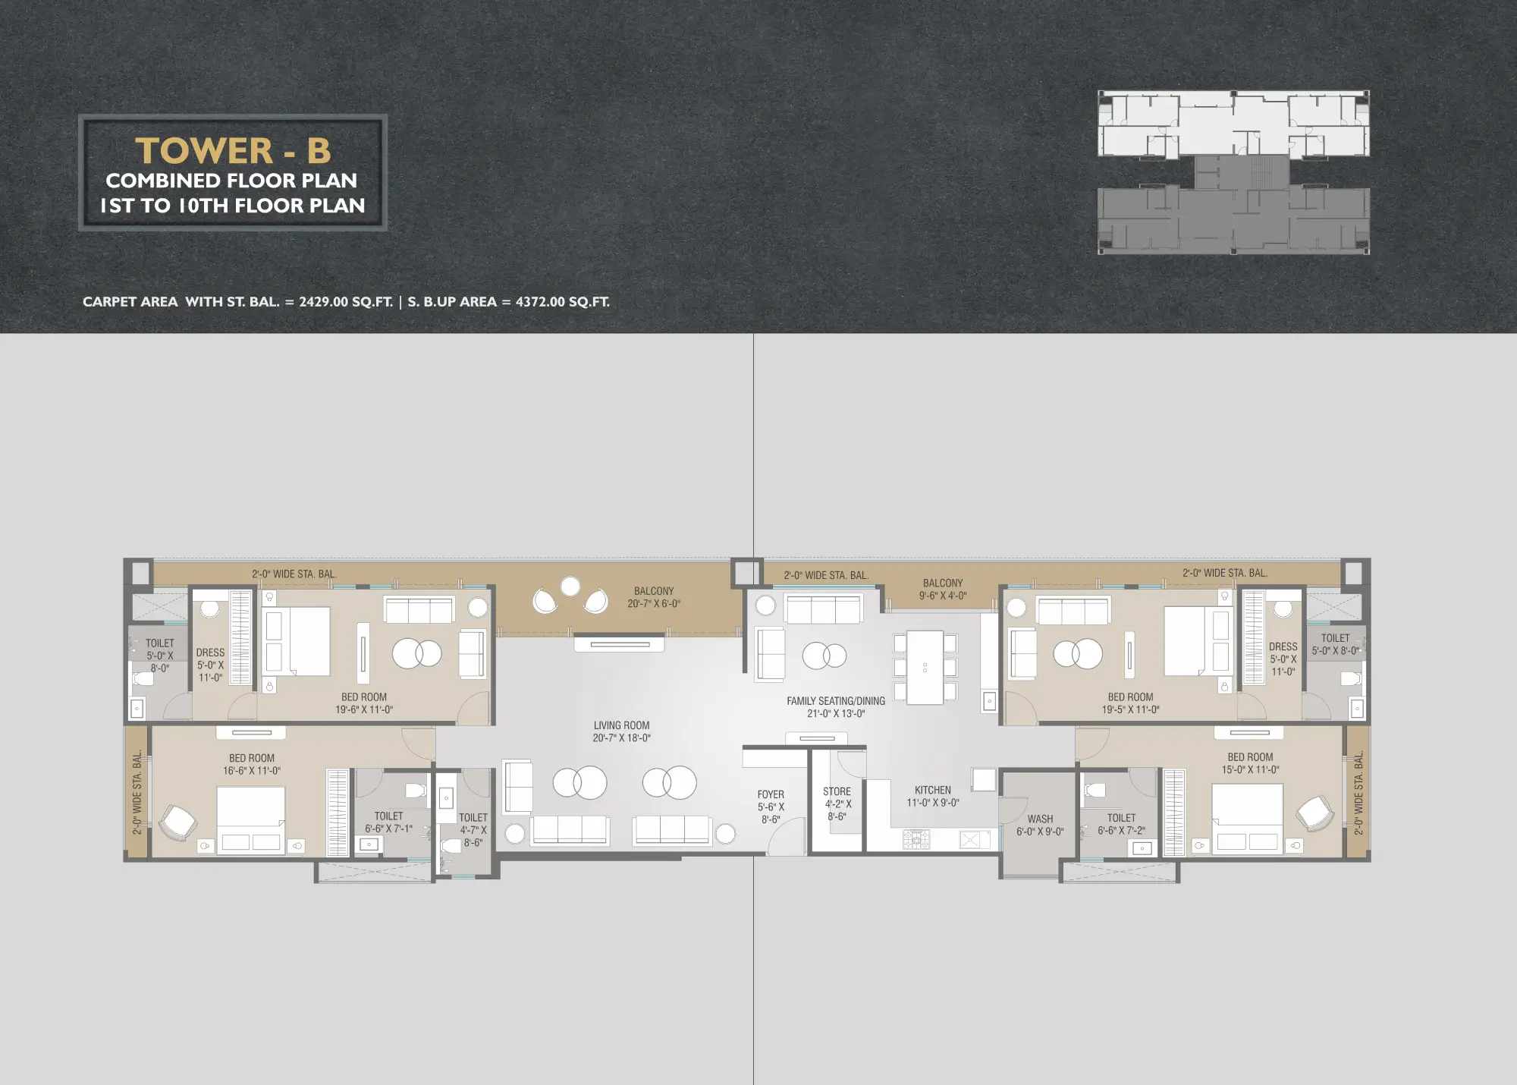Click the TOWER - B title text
click(233, 150)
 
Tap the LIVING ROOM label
click(622, 731)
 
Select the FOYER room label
click(771, 807)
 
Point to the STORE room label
click(837, 804)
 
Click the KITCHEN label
click(933, 796)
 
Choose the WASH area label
click(1040, 825)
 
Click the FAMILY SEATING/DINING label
click(836, 707)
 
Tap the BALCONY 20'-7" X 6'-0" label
click(654, 597)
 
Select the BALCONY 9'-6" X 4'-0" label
click(943, 590)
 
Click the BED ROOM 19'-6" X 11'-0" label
click(364, 703)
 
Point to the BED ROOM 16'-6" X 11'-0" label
click(252, 764)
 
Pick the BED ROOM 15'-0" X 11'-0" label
click(1250, 763)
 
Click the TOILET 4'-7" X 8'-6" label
click(473, 830)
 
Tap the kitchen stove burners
click(916, 838)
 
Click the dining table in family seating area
click(925, 667)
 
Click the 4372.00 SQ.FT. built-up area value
click(562, 302)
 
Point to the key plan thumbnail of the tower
click(1233, 171)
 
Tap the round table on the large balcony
click(570, 587)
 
